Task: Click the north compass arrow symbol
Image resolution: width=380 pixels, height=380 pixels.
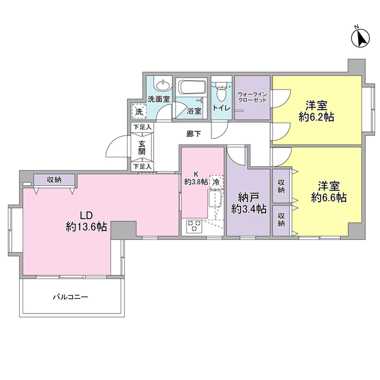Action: pos(360,38)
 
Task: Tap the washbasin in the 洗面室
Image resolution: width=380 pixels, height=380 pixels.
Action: pos(163,85)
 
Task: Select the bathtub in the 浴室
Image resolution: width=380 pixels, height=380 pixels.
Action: pos(192,87)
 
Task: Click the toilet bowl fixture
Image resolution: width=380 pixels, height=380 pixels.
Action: pos(220,94)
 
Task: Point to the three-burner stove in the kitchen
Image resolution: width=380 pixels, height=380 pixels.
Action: pos(194,226)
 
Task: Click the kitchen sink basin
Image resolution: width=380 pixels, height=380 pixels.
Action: pos(214,199)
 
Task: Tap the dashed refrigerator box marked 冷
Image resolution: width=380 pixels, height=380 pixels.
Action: pos(216,182)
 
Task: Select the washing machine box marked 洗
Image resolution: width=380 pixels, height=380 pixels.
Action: pos(139,112)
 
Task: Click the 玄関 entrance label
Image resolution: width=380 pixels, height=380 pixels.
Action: pos(142,148)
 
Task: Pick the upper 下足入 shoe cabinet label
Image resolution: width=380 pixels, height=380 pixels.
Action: pos(142,127)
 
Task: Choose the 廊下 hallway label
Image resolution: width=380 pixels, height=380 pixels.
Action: pos(194,134)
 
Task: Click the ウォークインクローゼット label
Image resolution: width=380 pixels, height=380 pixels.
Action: pos(252,97)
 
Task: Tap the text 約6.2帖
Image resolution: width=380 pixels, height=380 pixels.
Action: pos(316,117)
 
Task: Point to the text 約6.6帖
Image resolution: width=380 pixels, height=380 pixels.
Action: pos(329,198)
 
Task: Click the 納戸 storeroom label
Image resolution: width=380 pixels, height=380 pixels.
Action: pos(249,198)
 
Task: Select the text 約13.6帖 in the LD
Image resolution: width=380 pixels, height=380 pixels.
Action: pos(86,227)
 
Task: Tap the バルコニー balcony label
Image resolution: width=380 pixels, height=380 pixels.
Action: pos(71,297)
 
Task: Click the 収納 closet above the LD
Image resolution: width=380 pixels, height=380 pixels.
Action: pos(54,180)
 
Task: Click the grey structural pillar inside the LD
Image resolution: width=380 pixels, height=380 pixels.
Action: pos(123,230)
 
